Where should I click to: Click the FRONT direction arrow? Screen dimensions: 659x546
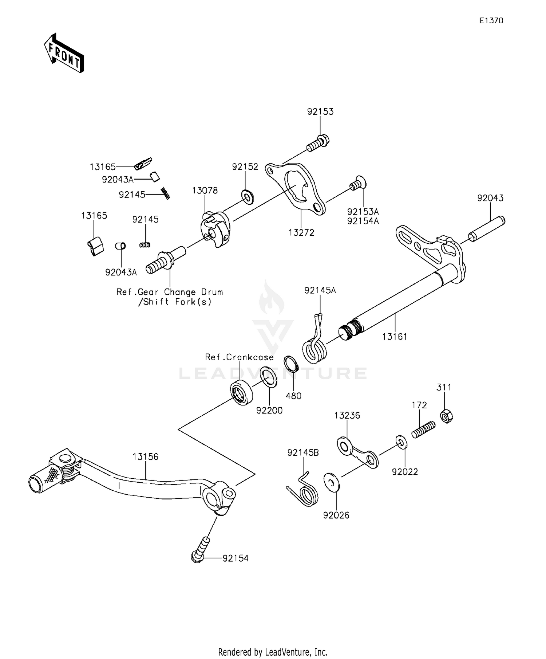(64, 54)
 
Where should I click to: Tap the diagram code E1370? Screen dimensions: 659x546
(491, 21)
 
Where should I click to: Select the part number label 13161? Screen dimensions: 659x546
(394, 337)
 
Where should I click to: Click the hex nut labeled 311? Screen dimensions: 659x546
(446, 416)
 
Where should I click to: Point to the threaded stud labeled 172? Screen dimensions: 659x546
(424, 429)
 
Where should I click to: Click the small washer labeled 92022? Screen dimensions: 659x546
(401, 442)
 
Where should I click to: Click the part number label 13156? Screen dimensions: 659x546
(145, 456)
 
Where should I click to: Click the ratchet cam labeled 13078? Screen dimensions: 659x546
(215, 230)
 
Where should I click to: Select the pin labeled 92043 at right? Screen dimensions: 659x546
(486, 228)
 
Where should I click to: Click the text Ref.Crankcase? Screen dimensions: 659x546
(239, 357)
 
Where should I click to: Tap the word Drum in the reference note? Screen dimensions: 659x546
(212, 292)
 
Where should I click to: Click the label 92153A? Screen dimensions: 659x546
(363, 212)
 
